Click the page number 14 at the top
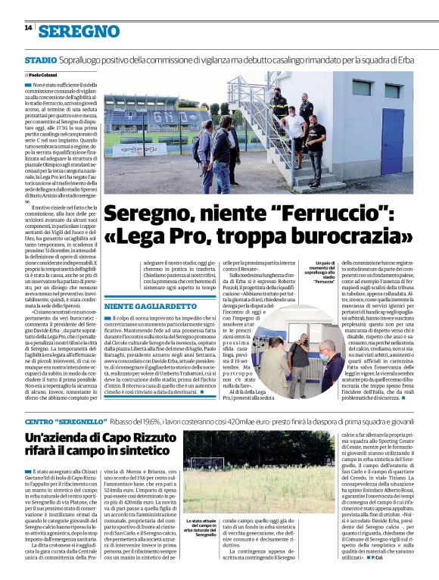click(x=28, y=28)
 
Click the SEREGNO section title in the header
click(x=79, y=31)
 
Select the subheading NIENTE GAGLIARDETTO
click(x=151, y=306)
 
